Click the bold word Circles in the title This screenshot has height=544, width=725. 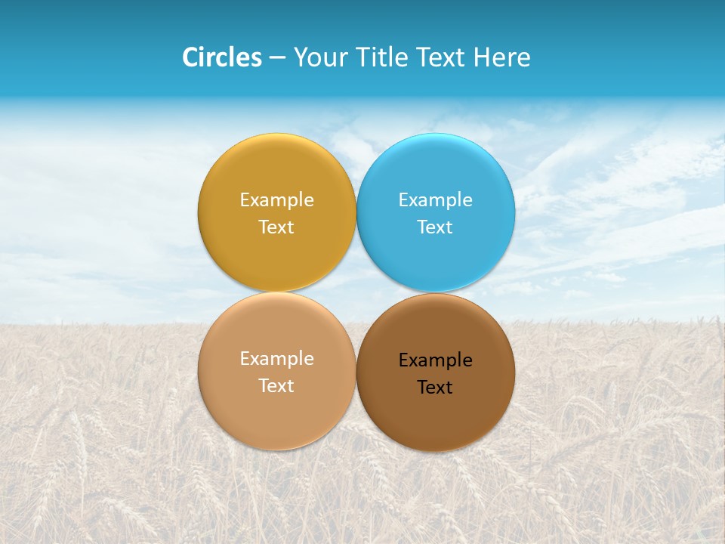coord(221,57)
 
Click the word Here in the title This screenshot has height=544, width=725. coord(501,57)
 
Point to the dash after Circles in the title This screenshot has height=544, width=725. coord(277,58)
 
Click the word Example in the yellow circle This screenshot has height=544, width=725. coord(276,200)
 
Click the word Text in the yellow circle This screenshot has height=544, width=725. coord(276,227)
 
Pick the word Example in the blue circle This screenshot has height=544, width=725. coord(435,200)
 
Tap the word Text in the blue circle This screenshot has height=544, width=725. coord(435,227)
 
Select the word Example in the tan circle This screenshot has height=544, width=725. coord(276,359)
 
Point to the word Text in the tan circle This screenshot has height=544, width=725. coord(276,386)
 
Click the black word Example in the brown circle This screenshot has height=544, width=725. coord(435,360)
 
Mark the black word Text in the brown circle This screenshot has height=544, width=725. coord(435,388)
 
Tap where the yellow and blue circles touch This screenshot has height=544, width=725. coord(356,212)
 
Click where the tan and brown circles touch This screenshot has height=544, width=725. coord(356,371)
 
